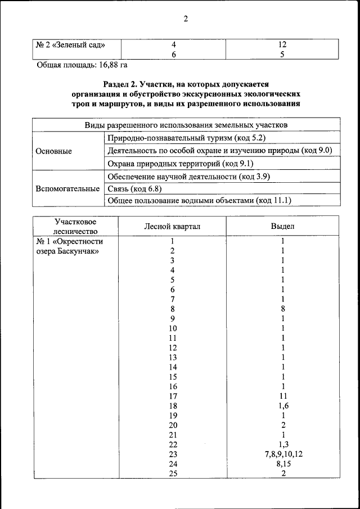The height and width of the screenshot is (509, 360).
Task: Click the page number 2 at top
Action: tap(185, 19)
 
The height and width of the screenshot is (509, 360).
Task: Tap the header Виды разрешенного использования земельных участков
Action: tap(186, 124)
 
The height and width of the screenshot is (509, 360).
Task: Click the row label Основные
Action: tap(54, 151)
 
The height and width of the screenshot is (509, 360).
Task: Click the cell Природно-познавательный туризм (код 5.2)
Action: tap(186, 138)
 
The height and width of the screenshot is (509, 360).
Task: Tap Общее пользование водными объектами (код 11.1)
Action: tap(199, 201)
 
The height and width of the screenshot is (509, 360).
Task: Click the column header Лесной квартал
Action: tap(172, 226)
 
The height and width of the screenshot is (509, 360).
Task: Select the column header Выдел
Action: tap(283, 226)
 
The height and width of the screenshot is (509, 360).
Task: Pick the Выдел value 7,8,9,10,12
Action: tap(283, 454)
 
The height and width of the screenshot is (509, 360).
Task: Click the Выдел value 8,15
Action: tap(283, 463)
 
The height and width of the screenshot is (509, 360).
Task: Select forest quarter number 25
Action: tap(173, 473)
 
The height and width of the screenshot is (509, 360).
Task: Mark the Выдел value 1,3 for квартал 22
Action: tap(283, 444)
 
